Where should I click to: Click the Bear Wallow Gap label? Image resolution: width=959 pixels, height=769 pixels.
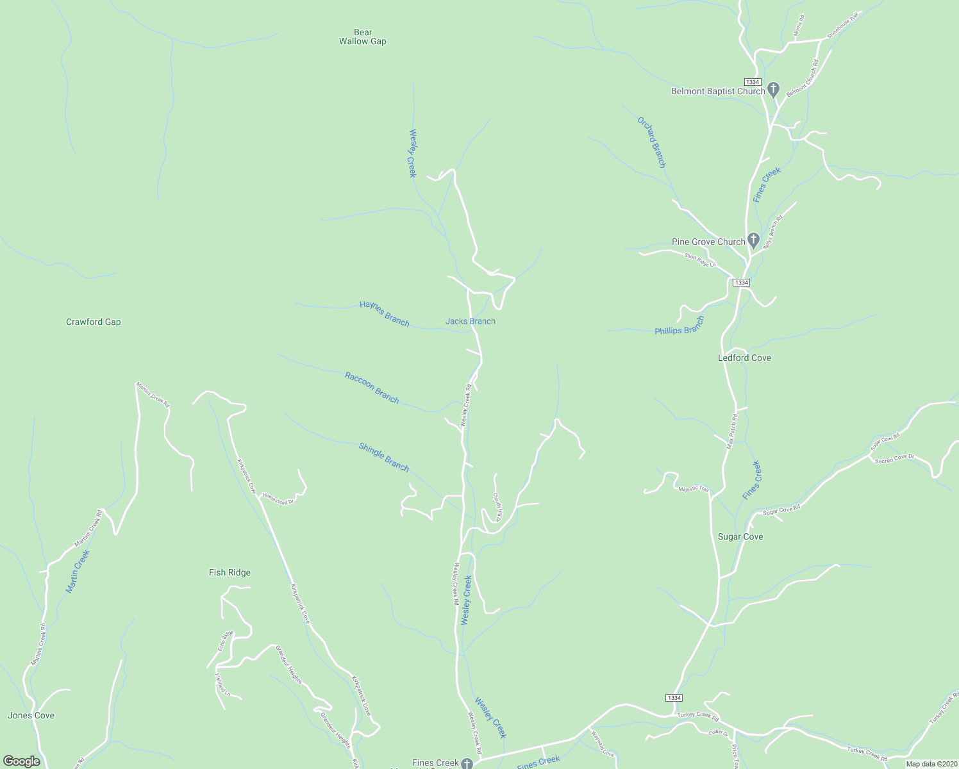click(x=363, y=37)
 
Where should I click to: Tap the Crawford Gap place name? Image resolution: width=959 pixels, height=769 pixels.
click(x=94, y=322)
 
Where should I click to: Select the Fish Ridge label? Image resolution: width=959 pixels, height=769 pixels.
click(x=229, y=572)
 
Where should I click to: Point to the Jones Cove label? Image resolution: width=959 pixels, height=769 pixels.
click(x=31, y=715)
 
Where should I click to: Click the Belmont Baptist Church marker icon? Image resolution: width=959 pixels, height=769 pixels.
click(x=774, y=90)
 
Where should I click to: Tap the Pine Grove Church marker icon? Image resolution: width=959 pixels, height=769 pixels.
click(x=754, y=240)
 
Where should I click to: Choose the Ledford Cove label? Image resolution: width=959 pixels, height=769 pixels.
click(x=744, y=358)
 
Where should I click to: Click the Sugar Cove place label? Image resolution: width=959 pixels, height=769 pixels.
click(x=740, y=536)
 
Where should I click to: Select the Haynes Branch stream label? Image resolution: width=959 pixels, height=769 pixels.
click(x=384, y=313)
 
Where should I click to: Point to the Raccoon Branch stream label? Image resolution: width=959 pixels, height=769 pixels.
click(x=372, y=388)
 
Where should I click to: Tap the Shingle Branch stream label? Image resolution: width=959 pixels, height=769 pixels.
click(x=383, y=457)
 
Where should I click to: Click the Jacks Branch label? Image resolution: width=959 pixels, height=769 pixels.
click(x=471, y=321)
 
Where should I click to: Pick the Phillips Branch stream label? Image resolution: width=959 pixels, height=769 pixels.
click(x=680, y=326)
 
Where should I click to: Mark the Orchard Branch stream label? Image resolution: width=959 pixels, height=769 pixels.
click(x=651, y=142)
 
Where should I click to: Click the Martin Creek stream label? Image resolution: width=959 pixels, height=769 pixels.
click(x=78, y=571)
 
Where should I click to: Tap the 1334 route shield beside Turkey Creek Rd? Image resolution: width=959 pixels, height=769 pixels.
click(x=674, y=698)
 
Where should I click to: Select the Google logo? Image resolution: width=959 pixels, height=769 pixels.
click(x=22, y=761)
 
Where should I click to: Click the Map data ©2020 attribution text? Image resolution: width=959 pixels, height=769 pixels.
click(x=930, y=764)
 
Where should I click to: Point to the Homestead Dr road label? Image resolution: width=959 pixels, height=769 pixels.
click(x=278, y=498)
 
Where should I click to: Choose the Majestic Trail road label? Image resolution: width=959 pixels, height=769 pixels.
click(x=694, y=489)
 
